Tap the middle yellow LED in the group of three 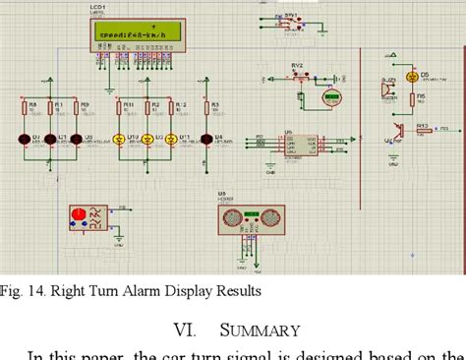click(x=147, y=139)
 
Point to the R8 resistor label click(x=32, y=103)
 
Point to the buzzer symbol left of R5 click(x=386, y=89)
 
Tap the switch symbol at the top click(x=292, y=20)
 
